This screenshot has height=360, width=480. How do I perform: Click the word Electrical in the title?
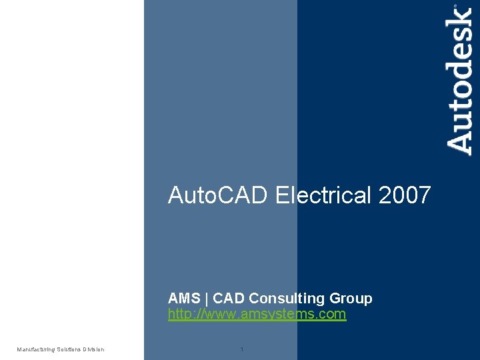tap(323, 195)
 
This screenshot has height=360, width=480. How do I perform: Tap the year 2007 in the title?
tap(405, 195)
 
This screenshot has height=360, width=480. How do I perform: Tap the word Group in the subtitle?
tap(351, 298)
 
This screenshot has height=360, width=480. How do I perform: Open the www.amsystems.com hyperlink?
tap(257, 314)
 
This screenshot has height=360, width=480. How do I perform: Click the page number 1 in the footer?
tap(241, 349)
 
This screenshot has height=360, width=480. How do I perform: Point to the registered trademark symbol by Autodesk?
tap(456, 6)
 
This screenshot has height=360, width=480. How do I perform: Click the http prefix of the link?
tap(179, 314)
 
